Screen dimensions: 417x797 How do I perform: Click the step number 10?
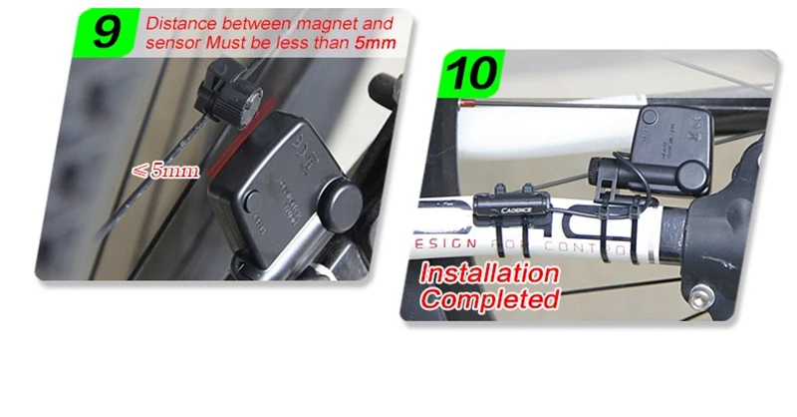[x=467, y=75]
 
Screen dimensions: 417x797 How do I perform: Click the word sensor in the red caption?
[x=170, y=45]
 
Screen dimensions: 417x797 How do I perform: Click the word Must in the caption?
[x=233, y=45]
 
